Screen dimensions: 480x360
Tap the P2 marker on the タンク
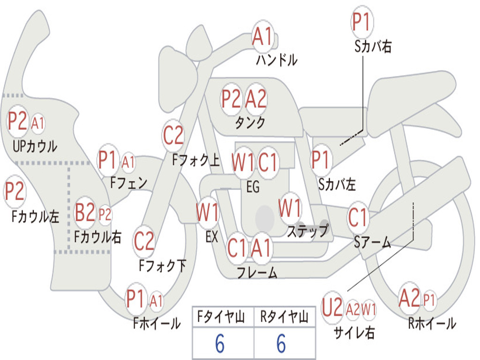coord(231,99)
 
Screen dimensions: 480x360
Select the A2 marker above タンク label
coord(256,99)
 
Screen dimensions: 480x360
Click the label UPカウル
coord(35,146)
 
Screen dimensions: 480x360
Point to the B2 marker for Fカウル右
coord(85,212)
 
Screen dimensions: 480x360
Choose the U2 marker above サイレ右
coord(332,307)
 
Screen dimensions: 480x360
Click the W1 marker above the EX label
coord(208,212)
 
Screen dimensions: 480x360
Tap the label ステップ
coord(307,231)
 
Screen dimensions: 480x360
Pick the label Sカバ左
coord(337,185)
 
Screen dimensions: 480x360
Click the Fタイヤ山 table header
coord(221,316)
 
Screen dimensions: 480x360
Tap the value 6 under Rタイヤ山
coord(281,343)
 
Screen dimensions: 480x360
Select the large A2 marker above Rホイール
coord(409,299)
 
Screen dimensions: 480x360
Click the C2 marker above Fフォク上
coord(173,135)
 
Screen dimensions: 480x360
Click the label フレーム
coord(257,272)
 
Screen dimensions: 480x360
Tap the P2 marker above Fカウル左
coord(14,191)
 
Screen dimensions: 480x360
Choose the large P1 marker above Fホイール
coord(135,299)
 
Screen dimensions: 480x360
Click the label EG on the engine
coord(253,187)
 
